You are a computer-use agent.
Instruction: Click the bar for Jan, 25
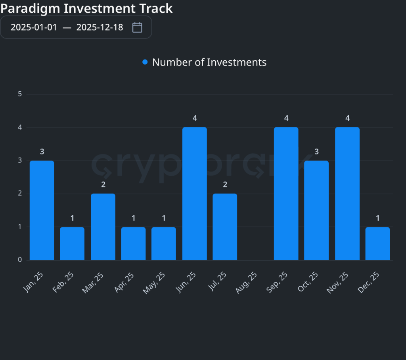tap(42, 210)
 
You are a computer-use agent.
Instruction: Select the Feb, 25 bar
tap(72, 243)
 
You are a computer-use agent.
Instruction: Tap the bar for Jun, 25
tap(194, 194)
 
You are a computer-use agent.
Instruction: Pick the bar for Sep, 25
tap(286, 194)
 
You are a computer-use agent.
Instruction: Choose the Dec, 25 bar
tap(377, 243)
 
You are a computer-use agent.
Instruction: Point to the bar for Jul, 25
tap(225, 227)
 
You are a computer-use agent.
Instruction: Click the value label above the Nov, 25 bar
tap(347, 118)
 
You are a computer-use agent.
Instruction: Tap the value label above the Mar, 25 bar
tap(103, 185)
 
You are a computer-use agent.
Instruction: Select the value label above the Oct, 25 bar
tap(316, 151)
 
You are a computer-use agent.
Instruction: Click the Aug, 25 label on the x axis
tap(247, 282)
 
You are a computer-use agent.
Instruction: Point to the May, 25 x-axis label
tap(155, 282)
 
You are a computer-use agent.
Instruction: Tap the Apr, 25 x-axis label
tap(125, 282)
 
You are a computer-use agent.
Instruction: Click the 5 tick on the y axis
tap(20, 94)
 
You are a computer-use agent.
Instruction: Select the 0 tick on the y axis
tap(20, 260)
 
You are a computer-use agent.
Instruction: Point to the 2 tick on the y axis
tap(20, 194)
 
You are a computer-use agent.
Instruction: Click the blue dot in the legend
tap(145, 62)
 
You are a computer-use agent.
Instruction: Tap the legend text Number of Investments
tap(209, 62)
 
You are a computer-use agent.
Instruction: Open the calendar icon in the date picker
tap(137, 27)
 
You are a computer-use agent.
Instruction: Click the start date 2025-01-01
tap(34, 27)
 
